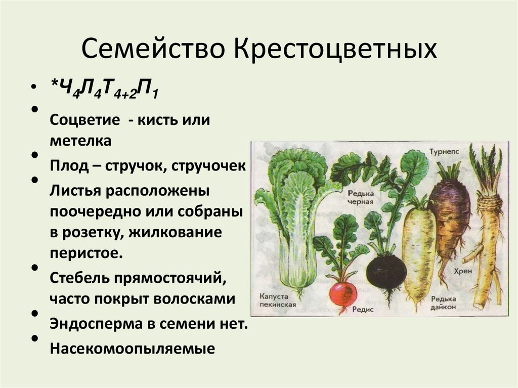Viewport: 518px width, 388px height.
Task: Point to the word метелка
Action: (x=80, y=141)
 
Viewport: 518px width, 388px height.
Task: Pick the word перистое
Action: (x=86, y=252)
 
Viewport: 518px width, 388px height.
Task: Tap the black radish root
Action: (x=386, y=272)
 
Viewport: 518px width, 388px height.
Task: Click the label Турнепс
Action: (x=445, y=151)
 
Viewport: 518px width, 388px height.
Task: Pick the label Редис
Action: (x=364, y=309)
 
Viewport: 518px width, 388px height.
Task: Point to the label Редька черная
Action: (x=360, y=197)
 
